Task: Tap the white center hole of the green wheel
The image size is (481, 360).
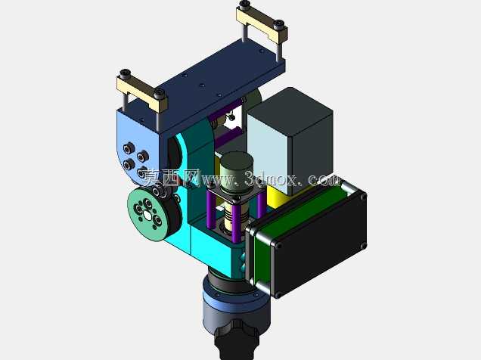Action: [147, 216]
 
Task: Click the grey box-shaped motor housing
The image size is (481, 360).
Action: [290, 141]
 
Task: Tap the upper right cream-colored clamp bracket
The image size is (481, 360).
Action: [262, 24]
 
